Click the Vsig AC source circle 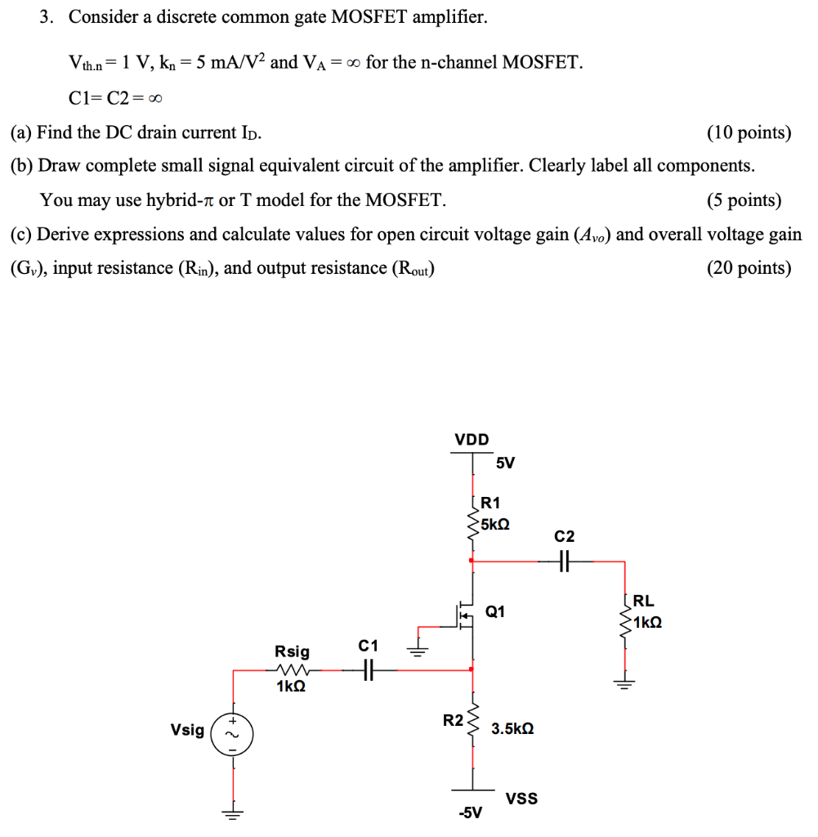click(x=232, y=731)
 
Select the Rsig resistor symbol click(x=293, y=670)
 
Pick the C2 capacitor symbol click(x=564, y=562)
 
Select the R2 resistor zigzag click(x=472, y=723)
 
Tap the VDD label click(x=472, y=440)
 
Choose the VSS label click(x=522, y=798)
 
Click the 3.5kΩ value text click(x=512, y=728)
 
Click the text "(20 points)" click(x=749, y=269)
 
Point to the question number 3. click(x=47, y=17)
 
